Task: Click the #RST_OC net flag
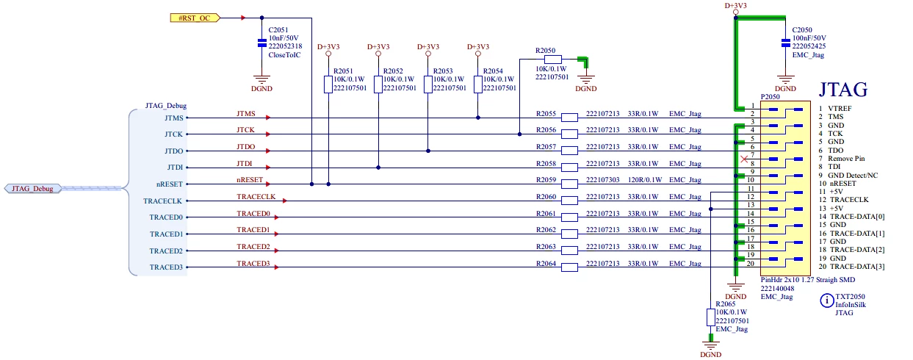tap(195, 18)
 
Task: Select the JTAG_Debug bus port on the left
tap(32, 188)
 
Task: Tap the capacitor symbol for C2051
tap(261, 43)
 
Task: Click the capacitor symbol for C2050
tap(785, 43)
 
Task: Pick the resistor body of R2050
tap(552, 59)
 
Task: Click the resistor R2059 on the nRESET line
tap(569, 184)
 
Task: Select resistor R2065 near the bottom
tap(710, 317)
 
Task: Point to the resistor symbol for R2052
tap(378, 84)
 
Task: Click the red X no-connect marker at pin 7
tap(744, 159)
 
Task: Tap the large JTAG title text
tap(843, 90)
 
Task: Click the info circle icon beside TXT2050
tap(826, 301)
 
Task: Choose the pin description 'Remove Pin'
tap(846, 158)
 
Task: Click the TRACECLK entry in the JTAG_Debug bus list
tap(162, 201)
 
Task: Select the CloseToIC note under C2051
tap(284, 54)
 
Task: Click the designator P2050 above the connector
tap(771, 97)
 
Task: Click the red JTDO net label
tap(246, 146)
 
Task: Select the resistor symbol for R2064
tap(569, 267)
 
